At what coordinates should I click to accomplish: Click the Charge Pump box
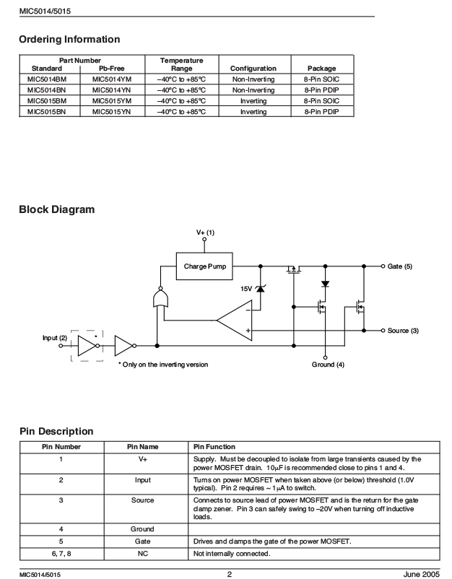click(204, 266)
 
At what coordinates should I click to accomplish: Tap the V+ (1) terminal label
click(205, 232)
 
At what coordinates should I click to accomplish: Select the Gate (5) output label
click(399, 266)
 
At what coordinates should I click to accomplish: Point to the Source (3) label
click(403, 331)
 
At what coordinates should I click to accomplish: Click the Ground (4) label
click(328, 365)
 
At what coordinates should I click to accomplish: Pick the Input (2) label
click(55, 338)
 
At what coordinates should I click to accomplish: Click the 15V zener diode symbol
click(261, 288)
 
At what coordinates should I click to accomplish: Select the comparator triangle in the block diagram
click(234, 320)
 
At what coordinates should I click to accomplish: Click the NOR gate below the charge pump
click(160, 298)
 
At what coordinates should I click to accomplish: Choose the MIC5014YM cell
click(111, 79)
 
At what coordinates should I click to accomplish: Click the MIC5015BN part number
click(46, 111)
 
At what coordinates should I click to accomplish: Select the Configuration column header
click(253, 69)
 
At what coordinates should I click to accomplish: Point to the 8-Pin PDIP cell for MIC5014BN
click(321, 90)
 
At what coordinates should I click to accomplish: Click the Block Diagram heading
click(57, 209)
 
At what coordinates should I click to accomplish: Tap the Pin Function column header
click(214, 447)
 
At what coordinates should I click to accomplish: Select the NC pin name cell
click(142, 554)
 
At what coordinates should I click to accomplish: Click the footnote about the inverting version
click(163, 365)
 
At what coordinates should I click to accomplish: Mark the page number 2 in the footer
click(230, 574)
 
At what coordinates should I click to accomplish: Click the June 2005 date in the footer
click(422, 574)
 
